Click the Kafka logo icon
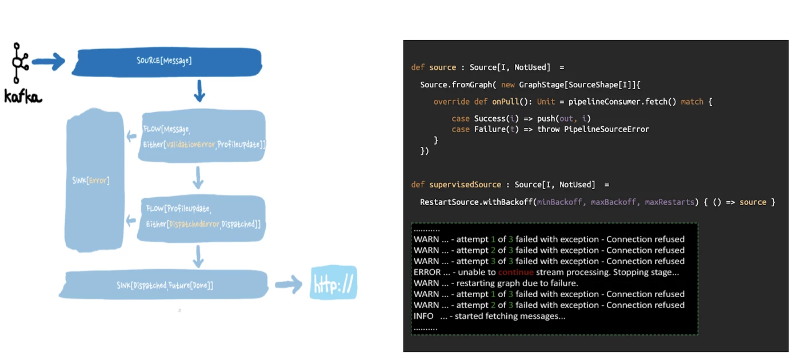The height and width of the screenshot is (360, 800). pyautogui.click(x=20, y=63)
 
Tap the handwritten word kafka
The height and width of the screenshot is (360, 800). pyautogui.click(x=23, y=97)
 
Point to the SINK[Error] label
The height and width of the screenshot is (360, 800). pyautogui.click(x=91, y=181)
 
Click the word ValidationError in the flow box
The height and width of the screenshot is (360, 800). pyautogui.click(x=190, y=145)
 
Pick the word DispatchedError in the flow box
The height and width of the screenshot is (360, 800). pyautogui.click(x=194, y=224)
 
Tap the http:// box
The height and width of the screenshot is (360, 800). pyautogui.click(x=334, y=283)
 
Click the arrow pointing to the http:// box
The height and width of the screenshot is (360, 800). pyautogui.click(x=289, y=285)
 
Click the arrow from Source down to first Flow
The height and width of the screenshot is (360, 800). pyautogui.click(x=199, y=90)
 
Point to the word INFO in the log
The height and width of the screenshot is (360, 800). pyautogui.click(x=423, y=316)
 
